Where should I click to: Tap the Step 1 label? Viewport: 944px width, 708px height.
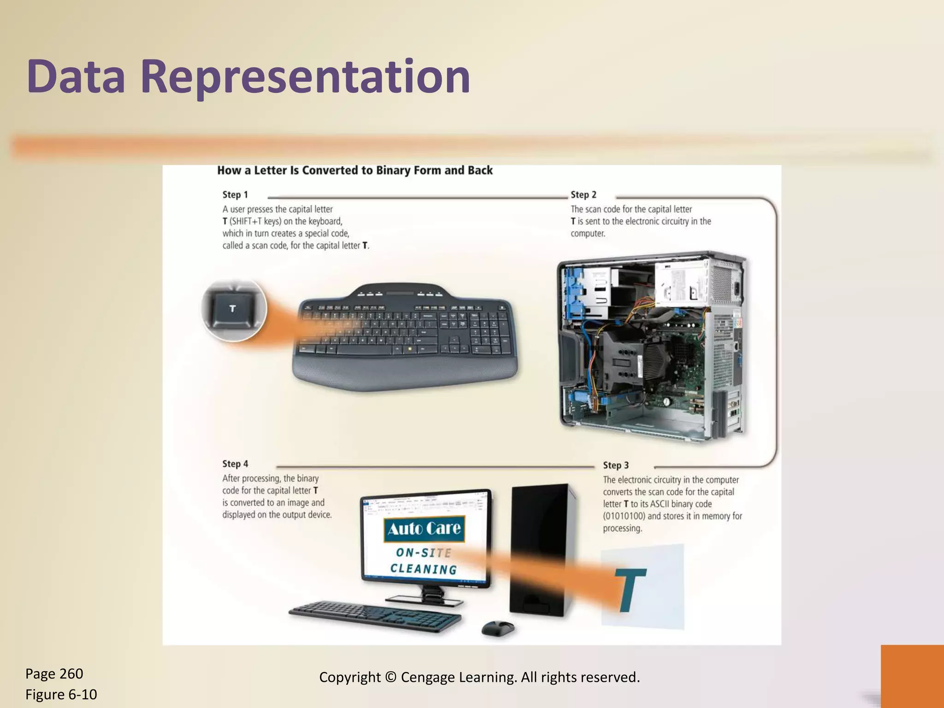(235, 195)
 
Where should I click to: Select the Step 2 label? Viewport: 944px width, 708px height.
(583, 195)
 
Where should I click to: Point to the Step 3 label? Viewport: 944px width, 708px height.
(615, 466)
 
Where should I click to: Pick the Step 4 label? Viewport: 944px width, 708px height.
(235, 464)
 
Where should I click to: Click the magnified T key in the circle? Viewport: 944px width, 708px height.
(233, 309)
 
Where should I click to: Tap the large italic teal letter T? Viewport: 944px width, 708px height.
(630, 590)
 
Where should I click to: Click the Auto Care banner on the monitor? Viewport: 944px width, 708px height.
(424, 528)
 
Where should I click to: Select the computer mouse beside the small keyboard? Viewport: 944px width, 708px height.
(497, 627)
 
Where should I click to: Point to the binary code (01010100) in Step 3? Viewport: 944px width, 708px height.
(624, 516)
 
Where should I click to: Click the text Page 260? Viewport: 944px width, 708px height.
(54, 674)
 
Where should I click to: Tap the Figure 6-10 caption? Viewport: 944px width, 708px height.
(61, 694)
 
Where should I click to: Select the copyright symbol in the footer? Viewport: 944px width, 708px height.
(390, 677)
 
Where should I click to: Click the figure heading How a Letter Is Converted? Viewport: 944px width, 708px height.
(354, 171)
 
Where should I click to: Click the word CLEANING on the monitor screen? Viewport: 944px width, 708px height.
(424, 569)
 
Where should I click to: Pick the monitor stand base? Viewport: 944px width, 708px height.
(424, 600)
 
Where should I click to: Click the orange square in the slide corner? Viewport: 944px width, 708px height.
(912, 676)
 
